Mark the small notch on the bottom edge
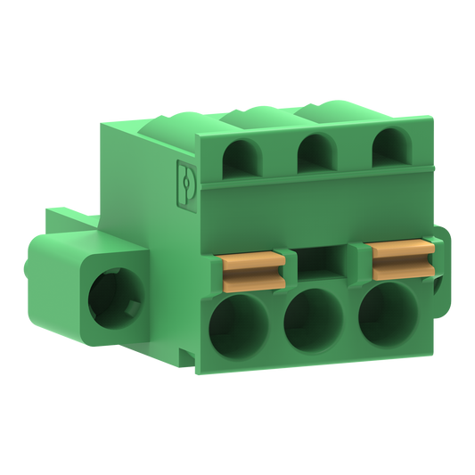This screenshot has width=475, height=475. (x=188, y=358)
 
